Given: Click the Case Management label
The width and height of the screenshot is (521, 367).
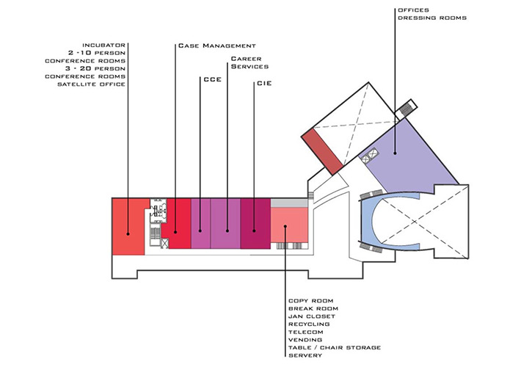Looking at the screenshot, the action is tap(217, 46).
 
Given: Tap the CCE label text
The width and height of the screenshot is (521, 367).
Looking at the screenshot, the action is tap(212, 80).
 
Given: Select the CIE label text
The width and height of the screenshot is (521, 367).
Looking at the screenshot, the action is tap(264, 83).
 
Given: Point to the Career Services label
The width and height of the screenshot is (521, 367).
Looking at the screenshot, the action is tap(249, 62).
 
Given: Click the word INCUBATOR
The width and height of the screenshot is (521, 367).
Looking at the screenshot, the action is tap(104, 46).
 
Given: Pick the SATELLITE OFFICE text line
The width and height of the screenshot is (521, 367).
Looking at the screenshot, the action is tap(92, 84).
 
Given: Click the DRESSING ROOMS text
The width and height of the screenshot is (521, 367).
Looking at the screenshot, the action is tap(432, 18).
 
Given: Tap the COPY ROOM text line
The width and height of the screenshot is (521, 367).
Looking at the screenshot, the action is tap(310, 301).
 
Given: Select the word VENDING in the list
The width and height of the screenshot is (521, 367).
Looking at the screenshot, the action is tap(305, 340).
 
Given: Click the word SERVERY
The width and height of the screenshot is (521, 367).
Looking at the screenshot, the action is tap(305, 355).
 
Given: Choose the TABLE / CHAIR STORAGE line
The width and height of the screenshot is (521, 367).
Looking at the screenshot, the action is tap(335, 348).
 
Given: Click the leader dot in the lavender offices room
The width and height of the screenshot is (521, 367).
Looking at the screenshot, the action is tap(395, 153).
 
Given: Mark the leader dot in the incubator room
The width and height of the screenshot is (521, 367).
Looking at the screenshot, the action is tap(128, 234).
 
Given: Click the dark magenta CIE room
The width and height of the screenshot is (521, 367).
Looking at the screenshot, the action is tap(255, 223).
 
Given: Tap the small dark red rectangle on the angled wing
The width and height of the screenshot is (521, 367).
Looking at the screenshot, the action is tap(321, 152).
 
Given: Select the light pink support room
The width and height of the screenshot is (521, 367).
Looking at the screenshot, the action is tap(289, 225).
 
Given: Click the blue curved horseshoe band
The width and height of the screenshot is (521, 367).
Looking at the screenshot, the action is tap(367, 221).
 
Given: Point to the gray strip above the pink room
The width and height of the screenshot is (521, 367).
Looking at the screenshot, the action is tap(289, 203).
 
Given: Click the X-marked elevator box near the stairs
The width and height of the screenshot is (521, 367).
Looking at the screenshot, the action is tap(164, 244).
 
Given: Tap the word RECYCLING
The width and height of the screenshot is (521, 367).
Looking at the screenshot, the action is tap(309, 324).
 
